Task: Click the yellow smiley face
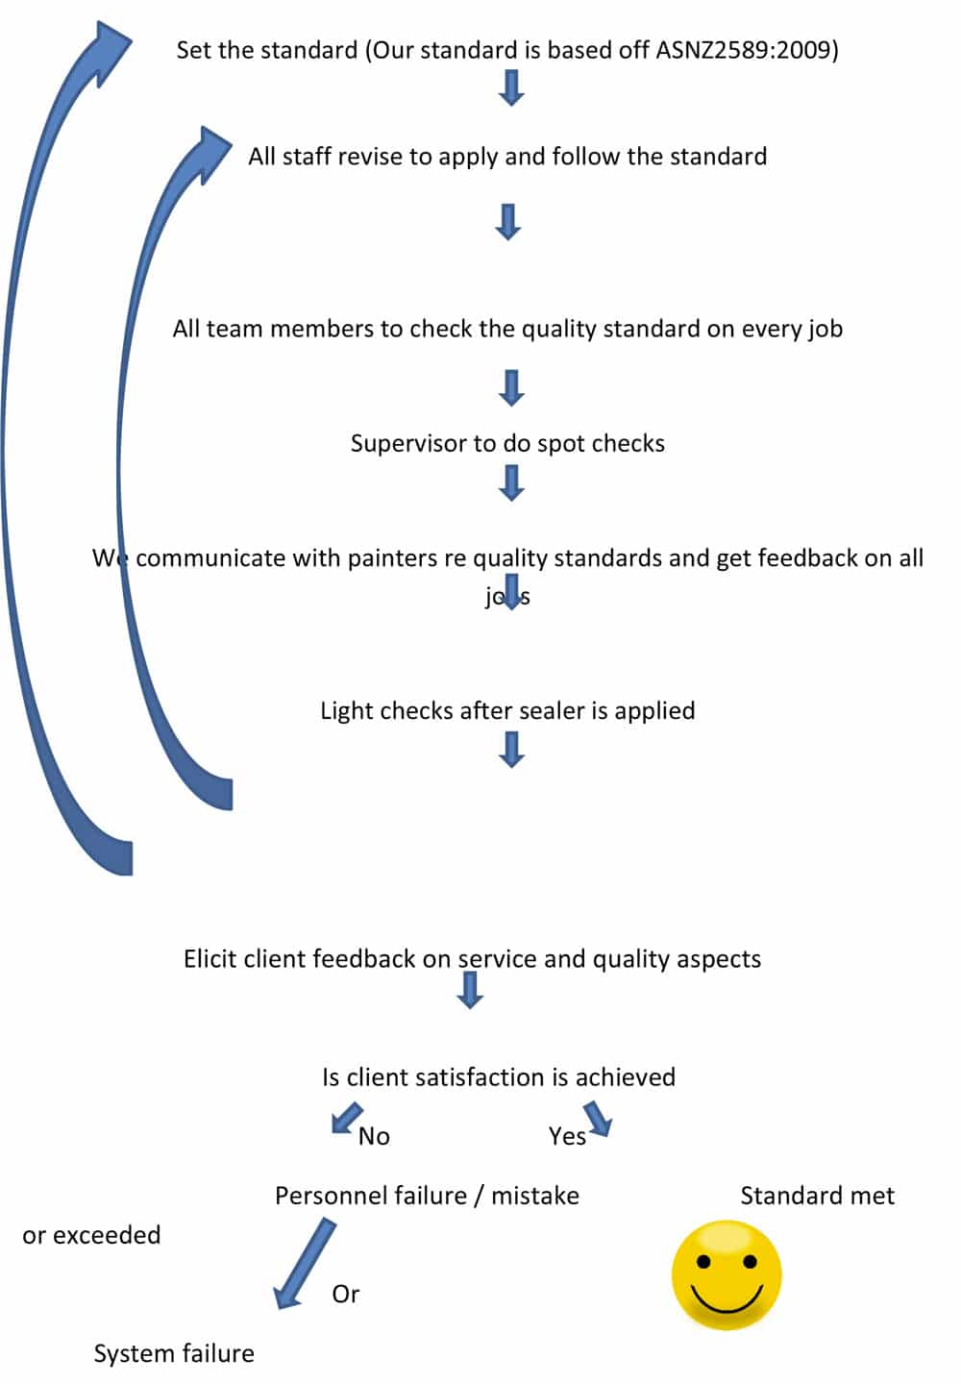coord(726,1274)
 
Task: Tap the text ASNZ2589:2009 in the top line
coord(743,50)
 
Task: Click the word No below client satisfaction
coord(374,1137)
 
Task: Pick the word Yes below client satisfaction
coord(566,1137)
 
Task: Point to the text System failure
coord(174,1354)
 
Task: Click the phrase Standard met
coord(817,1197)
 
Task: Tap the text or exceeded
coord(91,1235)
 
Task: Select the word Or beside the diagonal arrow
coord(345,1295)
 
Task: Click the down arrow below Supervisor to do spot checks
coord(511,482)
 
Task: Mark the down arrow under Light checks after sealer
coord(511,749)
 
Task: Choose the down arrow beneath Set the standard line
coord(511,87)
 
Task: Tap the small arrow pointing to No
coord(343,1119)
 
